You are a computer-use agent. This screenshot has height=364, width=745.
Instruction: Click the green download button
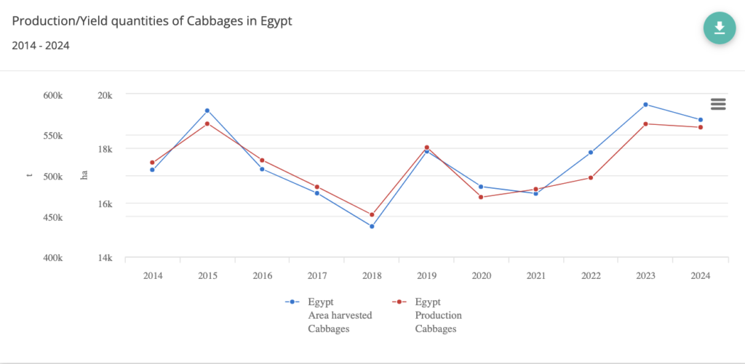coord(720,28)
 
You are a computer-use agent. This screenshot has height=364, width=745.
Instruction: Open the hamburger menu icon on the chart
coord(718,104)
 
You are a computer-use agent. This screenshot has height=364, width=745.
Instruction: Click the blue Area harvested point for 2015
coord(207,110)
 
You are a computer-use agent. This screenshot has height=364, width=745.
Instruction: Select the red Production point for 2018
coord(372,215)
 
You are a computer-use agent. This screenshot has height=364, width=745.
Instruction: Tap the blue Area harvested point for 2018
coord(372,227)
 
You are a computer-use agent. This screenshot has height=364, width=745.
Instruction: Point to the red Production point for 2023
coord(645,124)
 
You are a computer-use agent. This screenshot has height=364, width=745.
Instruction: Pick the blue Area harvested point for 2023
coord(645,105)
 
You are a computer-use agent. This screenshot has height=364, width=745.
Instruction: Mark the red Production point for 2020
coord(481,197)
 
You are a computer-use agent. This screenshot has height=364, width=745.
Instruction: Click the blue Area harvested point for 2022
coord(591,153)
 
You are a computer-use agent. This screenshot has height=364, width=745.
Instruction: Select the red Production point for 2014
coord(153,163)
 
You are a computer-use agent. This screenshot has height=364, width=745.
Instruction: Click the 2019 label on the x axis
coord(426,275)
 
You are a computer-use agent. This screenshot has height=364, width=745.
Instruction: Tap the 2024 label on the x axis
coord(700,275)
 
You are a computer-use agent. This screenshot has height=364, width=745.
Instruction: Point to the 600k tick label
coord(52,95)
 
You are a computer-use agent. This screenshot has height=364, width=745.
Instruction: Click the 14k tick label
coord(104,258)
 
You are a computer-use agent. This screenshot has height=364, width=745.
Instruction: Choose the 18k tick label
coord(104,149)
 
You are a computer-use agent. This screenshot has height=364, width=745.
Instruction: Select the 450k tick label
coord(52,217)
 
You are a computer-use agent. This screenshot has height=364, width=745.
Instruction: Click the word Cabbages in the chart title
coord(214,21)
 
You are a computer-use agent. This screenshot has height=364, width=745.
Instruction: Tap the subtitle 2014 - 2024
coord(41,45)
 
